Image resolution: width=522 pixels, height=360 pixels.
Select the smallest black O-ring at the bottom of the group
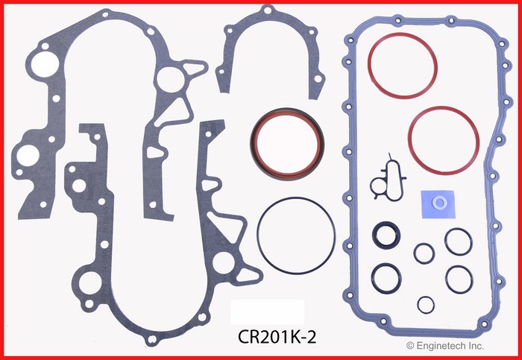pos(425,304)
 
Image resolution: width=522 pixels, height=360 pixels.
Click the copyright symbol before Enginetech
pos(411,346)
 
